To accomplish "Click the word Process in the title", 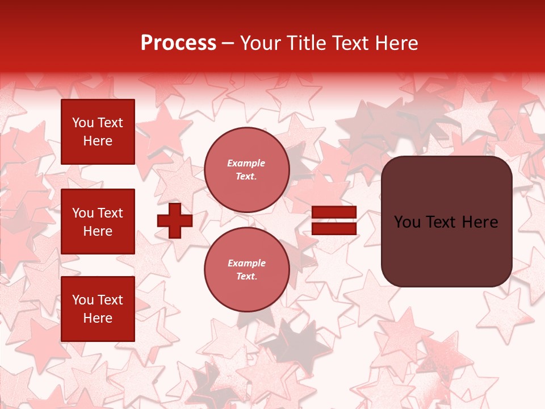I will tap(178, 43).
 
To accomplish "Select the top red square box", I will tap(98, 132).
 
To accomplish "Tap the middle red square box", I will tap(98, 222).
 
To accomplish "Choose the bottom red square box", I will tap(98, 308).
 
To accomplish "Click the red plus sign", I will tap(175, 220).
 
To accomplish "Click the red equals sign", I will tap(334, 220).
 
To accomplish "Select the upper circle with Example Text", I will tap(246, 170).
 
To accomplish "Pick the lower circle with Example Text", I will tap(246, 270).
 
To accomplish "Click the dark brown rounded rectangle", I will tap(446, 221).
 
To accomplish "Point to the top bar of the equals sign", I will tap(334, 212).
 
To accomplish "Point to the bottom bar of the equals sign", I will tap(334, 228).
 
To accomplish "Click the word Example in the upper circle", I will tap(246, 163).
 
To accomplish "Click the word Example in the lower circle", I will tap(246, 263).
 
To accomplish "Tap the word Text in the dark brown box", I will tap(446, 222).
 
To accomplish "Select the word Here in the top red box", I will tap(98, 141).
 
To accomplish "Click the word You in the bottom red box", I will tap(83, 299).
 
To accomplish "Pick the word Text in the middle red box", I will tap(110, 213).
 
